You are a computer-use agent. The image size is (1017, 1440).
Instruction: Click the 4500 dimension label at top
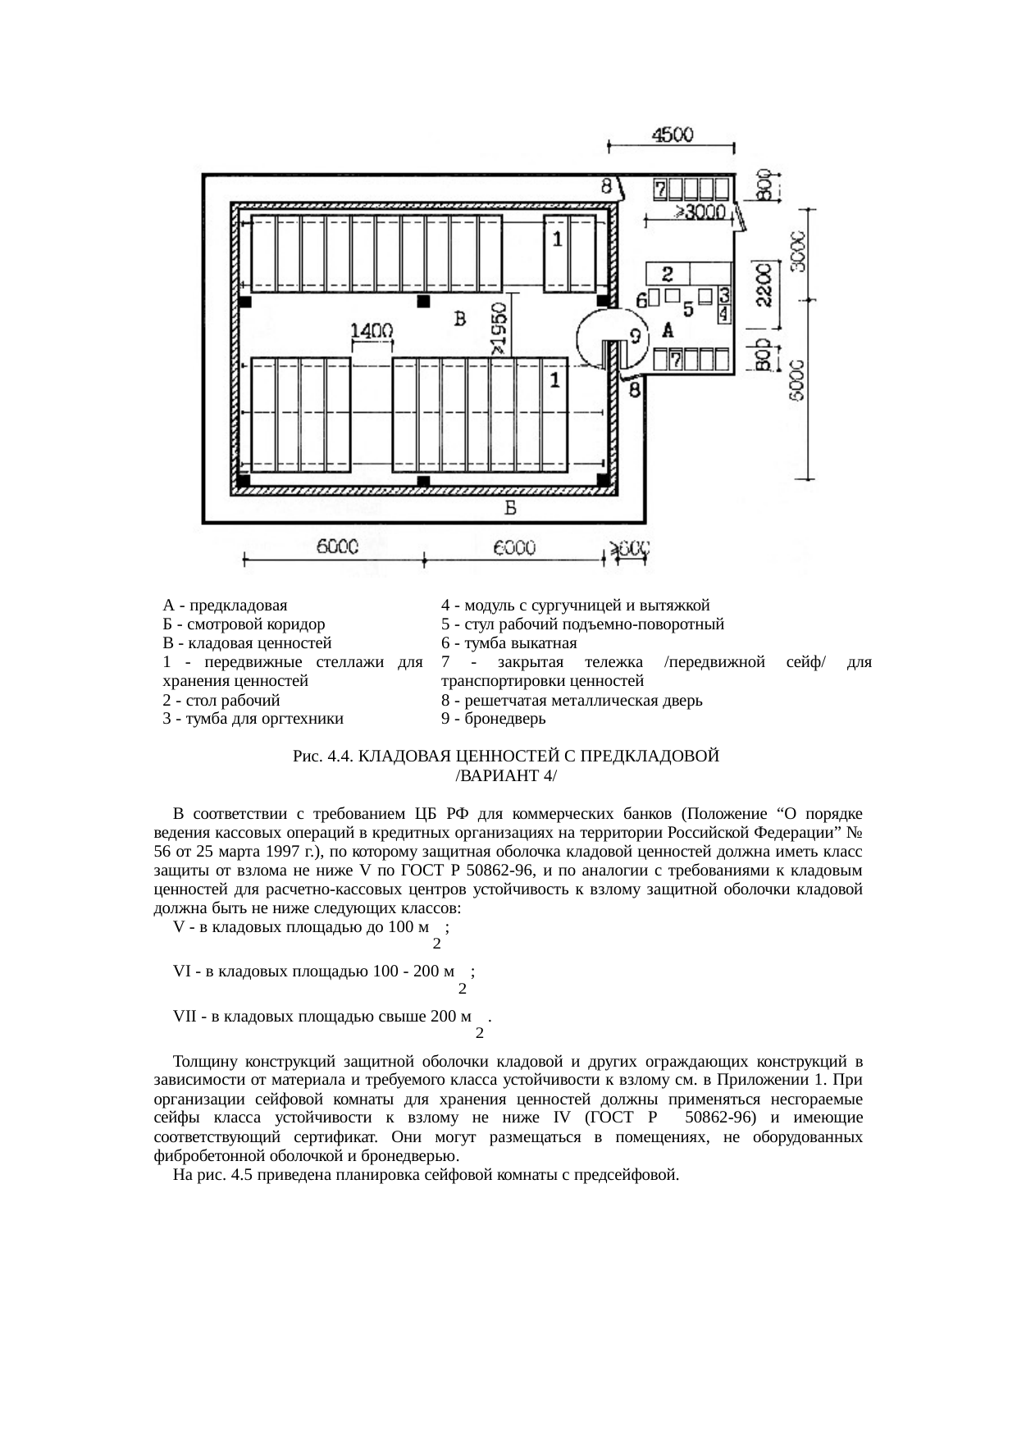pyautogui.click(x=672, y=134)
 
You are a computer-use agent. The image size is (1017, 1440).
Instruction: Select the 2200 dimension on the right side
pyautogui.click(x=763, y=285)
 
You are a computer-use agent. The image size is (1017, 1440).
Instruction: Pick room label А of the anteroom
pyautogui.click(x=668, y=330)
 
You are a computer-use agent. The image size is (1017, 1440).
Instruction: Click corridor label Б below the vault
pyautogui.click(x=510, y=509)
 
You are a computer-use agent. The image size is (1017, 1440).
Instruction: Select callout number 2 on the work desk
pyautogui.click(x=668, y=272)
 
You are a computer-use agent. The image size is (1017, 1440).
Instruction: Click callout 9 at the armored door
pyautogui.click(x=634, y=336)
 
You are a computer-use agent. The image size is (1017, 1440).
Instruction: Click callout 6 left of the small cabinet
pyautogui.click(x=641, y=301)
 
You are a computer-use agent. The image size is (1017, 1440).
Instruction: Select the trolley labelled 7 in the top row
pyautogui.click(x=659, y=190)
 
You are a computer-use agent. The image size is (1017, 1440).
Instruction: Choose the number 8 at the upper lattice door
pyautogui.click(x=606, y=185)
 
